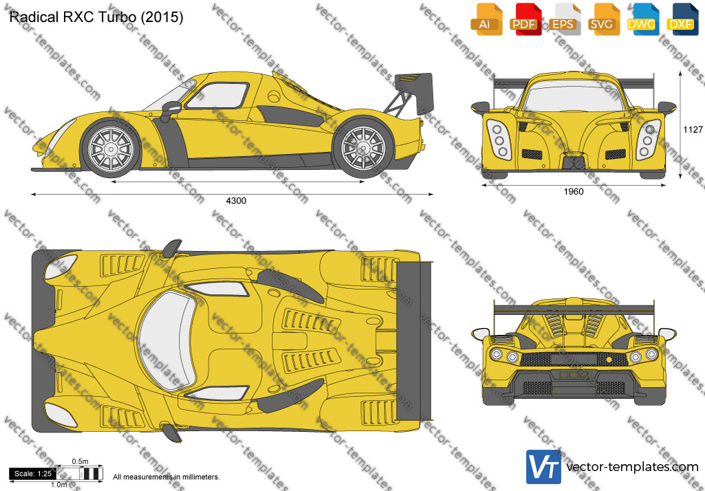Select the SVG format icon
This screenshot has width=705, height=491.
[x=604, y=19]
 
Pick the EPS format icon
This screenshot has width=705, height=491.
[x=564, y=19]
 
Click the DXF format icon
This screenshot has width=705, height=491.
[x=682, y=19]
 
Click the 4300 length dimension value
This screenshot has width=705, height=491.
[x=236, y=201]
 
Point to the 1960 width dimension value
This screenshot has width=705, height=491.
[x=573, y=192]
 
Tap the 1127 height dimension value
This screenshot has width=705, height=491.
[x=693, y=130]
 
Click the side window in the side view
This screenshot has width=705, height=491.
[x=217, y=96]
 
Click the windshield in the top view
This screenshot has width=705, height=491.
[x=166, y=340]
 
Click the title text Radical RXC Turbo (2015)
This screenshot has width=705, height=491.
[x=96, y=17]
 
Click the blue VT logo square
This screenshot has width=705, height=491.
[x=543, y=466]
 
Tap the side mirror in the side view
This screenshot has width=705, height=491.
[x=171, y=109]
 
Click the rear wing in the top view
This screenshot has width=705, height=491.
[x=413, y=341]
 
